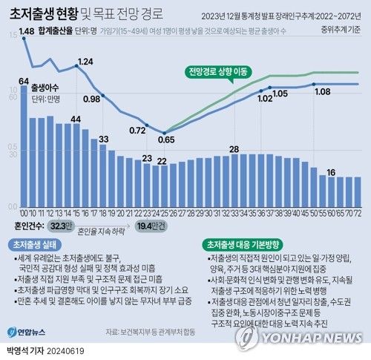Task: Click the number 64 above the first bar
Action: (24, 80)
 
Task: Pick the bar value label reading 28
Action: (233, 149)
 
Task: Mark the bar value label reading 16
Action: (331, 171)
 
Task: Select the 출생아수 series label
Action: (46, 95)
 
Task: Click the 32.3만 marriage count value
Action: (62, 224)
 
